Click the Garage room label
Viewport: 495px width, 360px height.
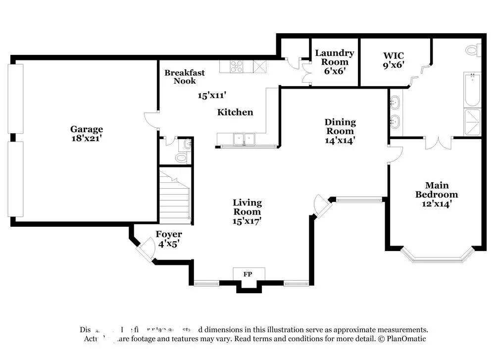tap(86, 129)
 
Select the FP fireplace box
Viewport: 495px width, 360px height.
tap(249, 273)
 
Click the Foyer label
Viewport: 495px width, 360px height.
tap(169, 234)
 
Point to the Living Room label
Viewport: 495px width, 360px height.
tap(247, 207)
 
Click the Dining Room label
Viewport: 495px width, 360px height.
tap(340, 126)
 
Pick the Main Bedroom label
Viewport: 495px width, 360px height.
tap(436, 190)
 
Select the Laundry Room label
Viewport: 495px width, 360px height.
tap(335, 57)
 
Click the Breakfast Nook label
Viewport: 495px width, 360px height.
tap(184, 77)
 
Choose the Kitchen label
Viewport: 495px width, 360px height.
tap(235, 112)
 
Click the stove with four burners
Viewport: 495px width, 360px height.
tap(236, 66)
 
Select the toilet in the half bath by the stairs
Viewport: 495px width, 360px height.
tap(181, 157)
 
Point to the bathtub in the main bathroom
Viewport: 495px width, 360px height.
tap(472, 90)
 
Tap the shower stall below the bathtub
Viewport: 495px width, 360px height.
tap(472, 121)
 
